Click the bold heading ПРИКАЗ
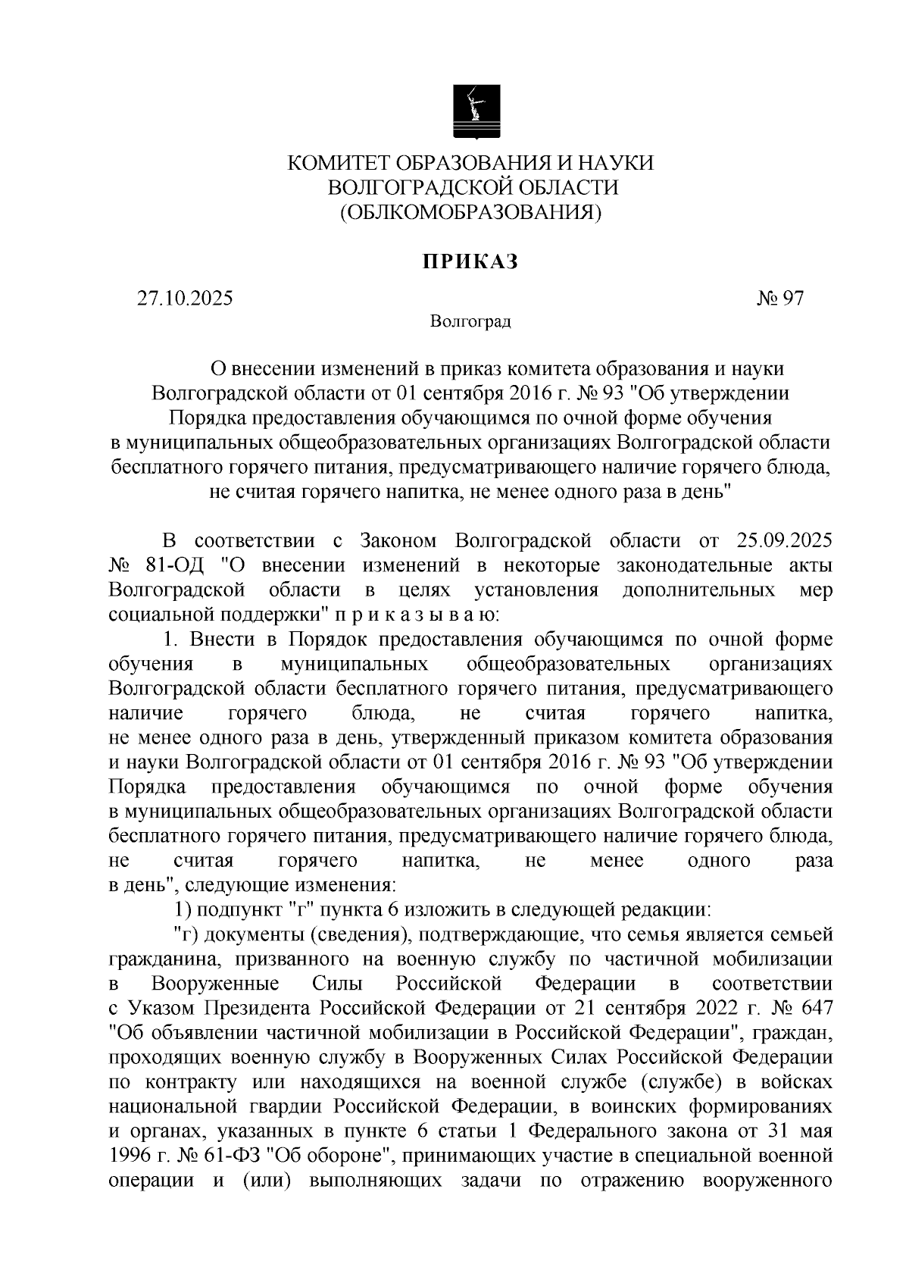tap(470, 261)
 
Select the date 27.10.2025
tap(185, 299)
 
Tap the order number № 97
tap(779, 299)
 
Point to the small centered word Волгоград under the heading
tap(470, 322)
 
